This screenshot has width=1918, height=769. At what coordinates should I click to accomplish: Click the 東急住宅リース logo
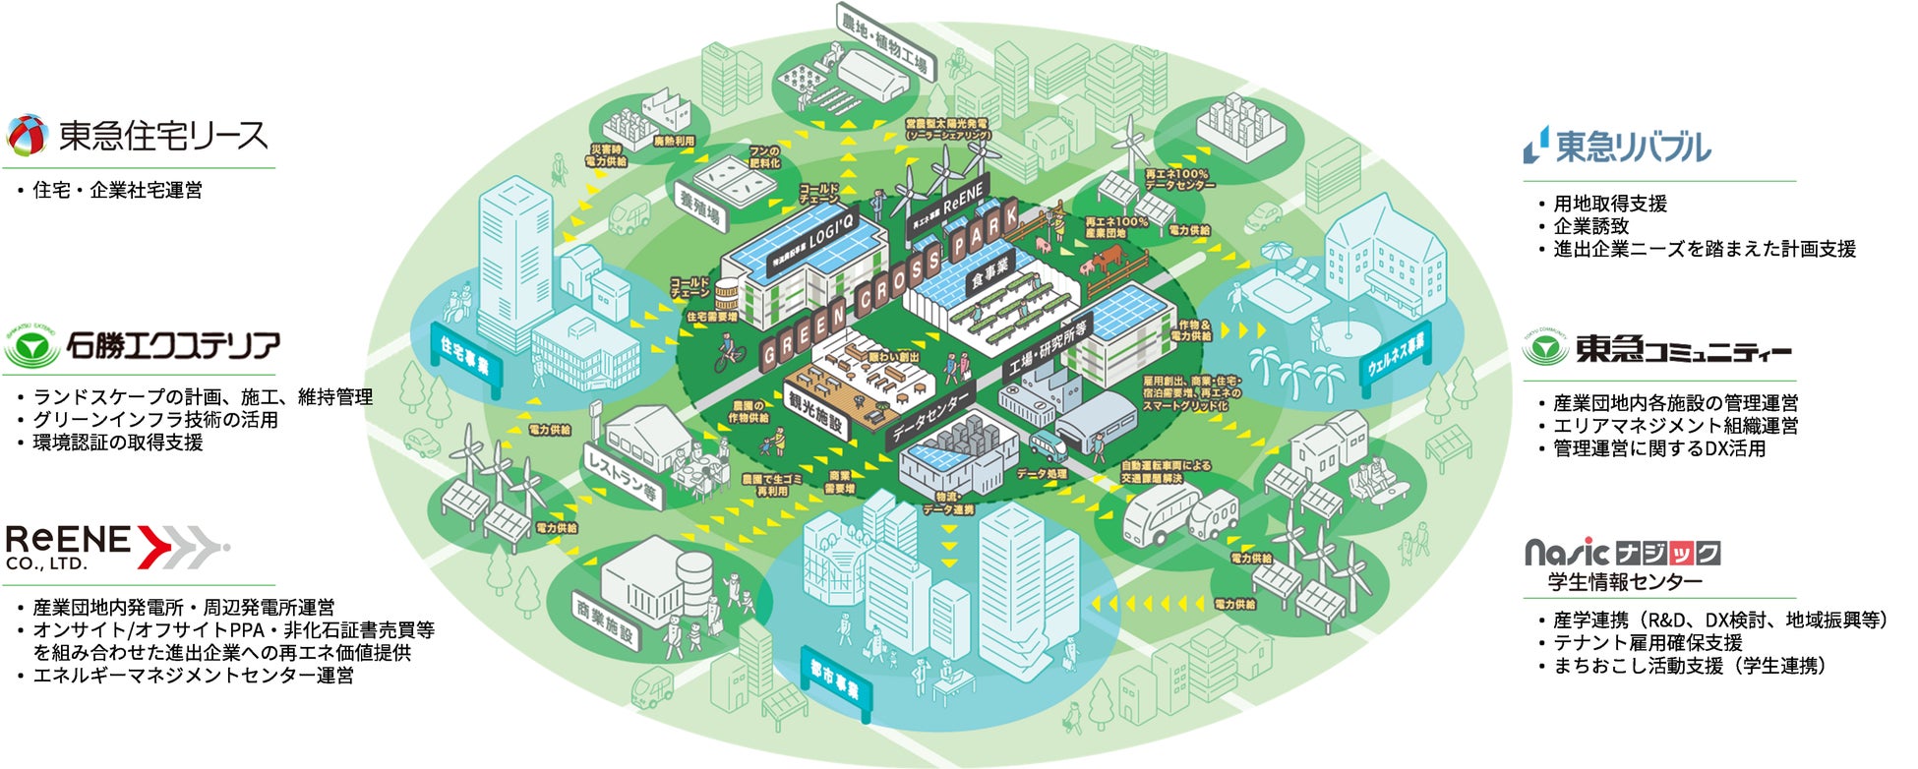[138, 136]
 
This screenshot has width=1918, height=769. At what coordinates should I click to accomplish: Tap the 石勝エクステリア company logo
[144, 346]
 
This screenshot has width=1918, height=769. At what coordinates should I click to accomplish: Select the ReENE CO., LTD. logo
[116, 547]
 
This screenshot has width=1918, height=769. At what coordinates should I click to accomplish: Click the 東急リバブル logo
[1617, 147]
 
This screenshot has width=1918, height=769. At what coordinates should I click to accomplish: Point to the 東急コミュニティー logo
[1657, 349]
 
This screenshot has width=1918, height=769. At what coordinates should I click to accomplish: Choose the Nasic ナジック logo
[1622, 553]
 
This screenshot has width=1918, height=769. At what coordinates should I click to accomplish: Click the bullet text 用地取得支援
[1609, 204]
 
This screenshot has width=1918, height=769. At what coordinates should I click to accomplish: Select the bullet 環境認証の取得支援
[118, 443]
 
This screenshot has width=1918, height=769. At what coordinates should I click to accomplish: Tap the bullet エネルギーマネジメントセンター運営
[193, 676]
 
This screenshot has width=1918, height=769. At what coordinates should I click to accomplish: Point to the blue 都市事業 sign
[835, 682]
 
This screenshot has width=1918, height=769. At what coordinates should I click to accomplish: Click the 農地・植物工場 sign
[884, 42]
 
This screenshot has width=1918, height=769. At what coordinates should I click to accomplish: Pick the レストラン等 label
[623, 477]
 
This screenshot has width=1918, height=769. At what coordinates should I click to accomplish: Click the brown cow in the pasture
[1107, 257]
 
